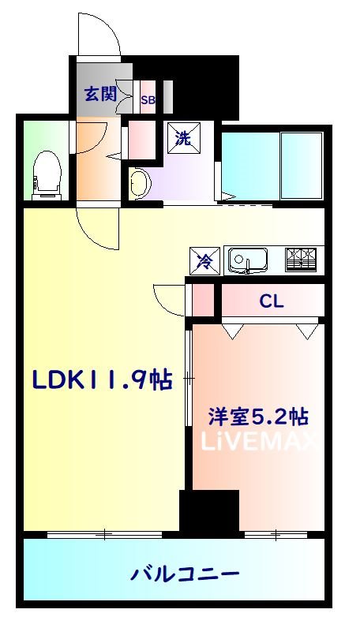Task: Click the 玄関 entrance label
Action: click(x=100, y=94)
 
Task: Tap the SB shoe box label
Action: click(x=148, y=100)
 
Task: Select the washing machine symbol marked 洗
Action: click(x=184, y=138)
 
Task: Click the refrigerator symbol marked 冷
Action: click(x=204, y=260)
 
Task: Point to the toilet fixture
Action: click(x=47, y=175)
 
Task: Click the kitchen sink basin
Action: click(x=248, y=261)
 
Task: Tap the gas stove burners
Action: click(x=301, y=260)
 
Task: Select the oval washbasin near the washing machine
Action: click(x=141, y=183)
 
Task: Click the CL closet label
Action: click(x=272, y=301)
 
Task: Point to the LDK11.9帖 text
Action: click(x=102, y=379)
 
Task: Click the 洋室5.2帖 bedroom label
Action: click(x=258, y=417)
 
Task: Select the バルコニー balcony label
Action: click(x=185, y=574)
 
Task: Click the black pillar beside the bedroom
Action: click(x=209, y=511)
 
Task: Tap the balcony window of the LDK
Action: click(x=105, y=534)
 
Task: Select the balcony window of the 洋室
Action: click(x=276, y=534)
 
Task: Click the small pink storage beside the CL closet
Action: click(x=203, y=300)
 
